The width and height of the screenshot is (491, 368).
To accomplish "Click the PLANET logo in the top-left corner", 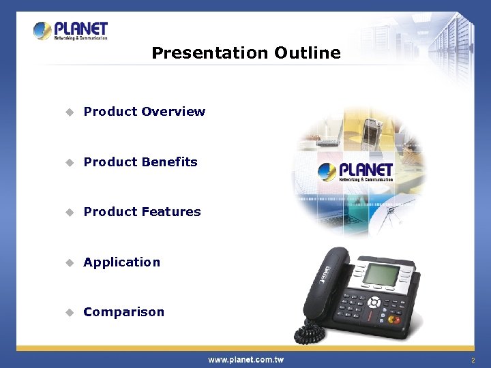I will click(70, 31).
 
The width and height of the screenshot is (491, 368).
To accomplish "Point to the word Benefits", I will click(169, 162).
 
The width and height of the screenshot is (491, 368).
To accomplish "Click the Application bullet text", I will click(121, 262).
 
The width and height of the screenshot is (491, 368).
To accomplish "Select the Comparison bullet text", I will click(123, 312).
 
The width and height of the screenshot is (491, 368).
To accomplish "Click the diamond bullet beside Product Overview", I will click(68, 112).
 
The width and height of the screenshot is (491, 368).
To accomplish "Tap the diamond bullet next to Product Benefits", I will click(68, 162).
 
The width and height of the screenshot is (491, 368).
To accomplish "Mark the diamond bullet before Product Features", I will click(68, 212).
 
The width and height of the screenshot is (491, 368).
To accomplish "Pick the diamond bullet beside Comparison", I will click(68, 312).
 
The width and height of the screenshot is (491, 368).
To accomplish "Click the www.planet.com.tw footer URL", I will click(245, 359).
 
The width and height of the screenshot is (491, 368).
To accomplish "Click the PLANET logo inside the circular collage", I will click(356, 170).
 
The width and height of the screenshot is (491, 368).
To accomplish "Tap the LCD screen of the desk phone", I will click(381, 275).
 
